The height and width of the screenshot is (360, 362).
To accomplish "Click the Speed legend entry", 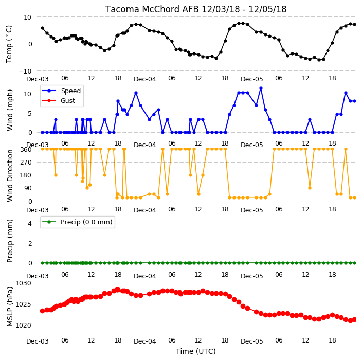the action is [x=61, y=91].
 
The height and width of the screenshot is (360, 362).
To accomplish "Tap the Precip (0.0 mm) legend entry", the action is [x=77, y=222].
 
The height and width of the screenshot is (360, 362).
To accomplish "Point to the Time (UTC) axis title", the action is [x=196, y=351].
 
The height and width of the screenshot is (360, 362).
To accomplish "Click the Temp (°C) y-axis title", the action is [x=9, y=44].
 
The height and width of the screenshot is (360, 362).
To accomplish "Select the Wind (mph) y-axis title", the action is [x=10, y=110].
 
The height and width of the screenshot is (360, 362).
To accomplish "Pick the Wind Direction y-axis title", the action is [x=10, y=175].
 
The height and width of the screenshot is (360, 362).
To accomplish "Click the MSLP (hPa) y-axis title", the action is [x=10, y=307].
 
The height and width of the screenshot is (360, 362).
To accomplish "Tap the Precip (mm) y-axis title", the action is [x=10, y=241].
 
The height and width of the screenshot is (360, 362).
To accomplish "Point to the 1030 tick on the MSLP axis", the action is [x=23, y=283].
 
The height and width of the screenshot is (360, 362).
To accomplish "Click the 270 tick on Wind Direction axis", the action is [x=26, y=163].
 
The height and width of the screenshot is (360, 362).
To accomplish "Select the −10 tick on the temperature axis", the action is [x=25, y=71].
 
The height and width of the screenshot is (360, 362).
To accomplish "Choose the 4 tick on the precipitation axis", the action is [x=30, y=223].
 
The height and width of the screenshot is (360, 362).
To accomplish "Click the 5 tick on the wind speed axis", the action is [x=30, y=113].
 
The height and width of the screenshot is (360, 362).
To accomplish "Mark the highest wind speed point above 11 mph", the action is [x=261, y=88].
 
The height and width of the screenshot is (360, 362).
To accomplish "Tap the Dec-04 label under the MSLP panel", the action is [x=145, y=341].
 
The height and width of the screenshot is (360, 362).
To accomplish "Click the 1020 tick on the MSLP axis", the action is [x=23, y=325].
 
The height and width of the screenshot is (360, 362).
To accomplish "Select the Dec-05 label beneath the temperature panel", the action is [x=251, y=79].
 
